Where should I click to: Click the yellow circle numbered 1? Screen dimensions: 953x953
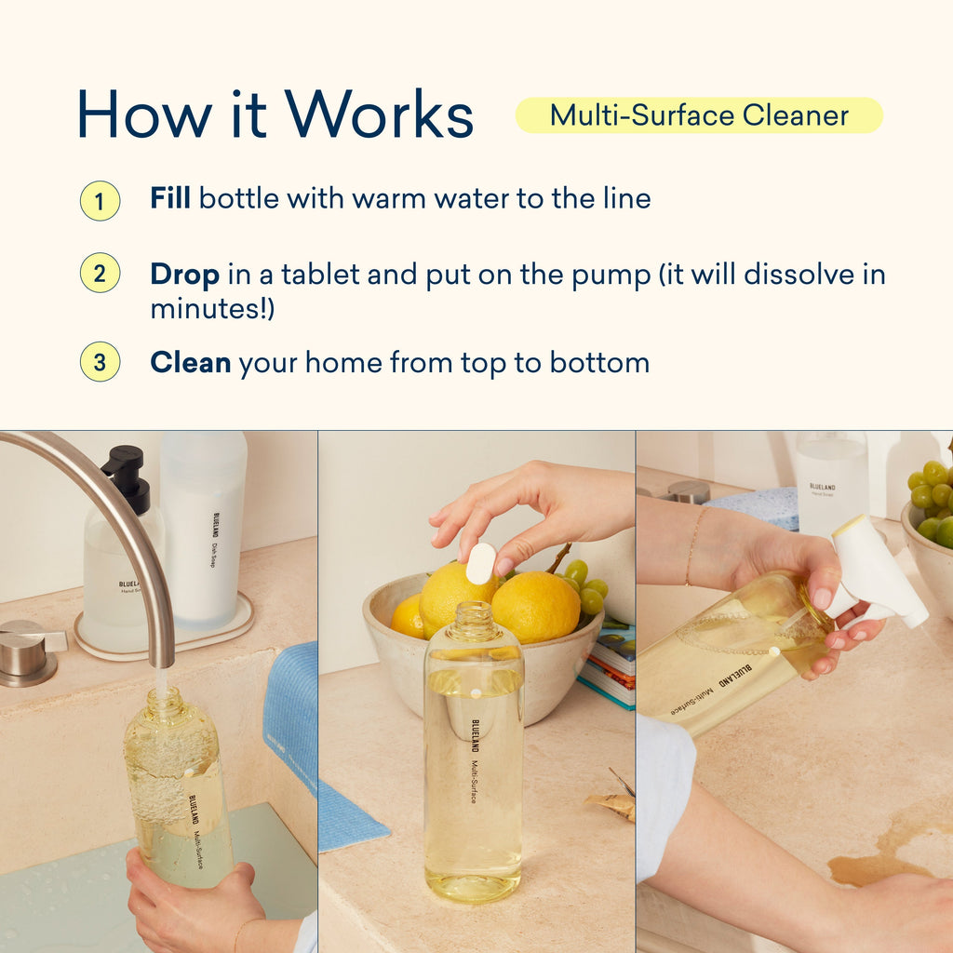coord(100,200)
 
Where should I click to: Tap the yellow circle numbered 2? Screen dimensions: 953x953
coord(100,274)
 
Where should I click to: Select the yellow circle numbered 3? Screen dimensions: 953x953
coord(100,362)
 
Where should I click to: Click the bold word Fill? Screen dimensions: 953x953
coord(170,198)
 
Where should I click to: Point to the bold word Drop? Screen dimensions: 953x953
coord(185,275)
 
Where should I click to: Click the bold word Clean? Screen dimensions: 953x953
coord(190,362)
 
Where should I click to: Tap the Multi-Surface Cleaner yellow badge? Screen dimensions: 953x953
coord(698,115)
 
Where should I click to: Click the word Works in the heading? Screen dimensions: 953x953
coord(380,115)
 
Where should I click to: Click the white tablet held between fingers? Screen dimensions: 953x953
coord(480,563)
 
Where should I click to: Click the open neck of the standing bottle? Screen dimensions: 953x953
coord(474,619)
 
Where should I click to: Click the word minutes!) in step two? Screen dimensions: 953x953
coord(212,309)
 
